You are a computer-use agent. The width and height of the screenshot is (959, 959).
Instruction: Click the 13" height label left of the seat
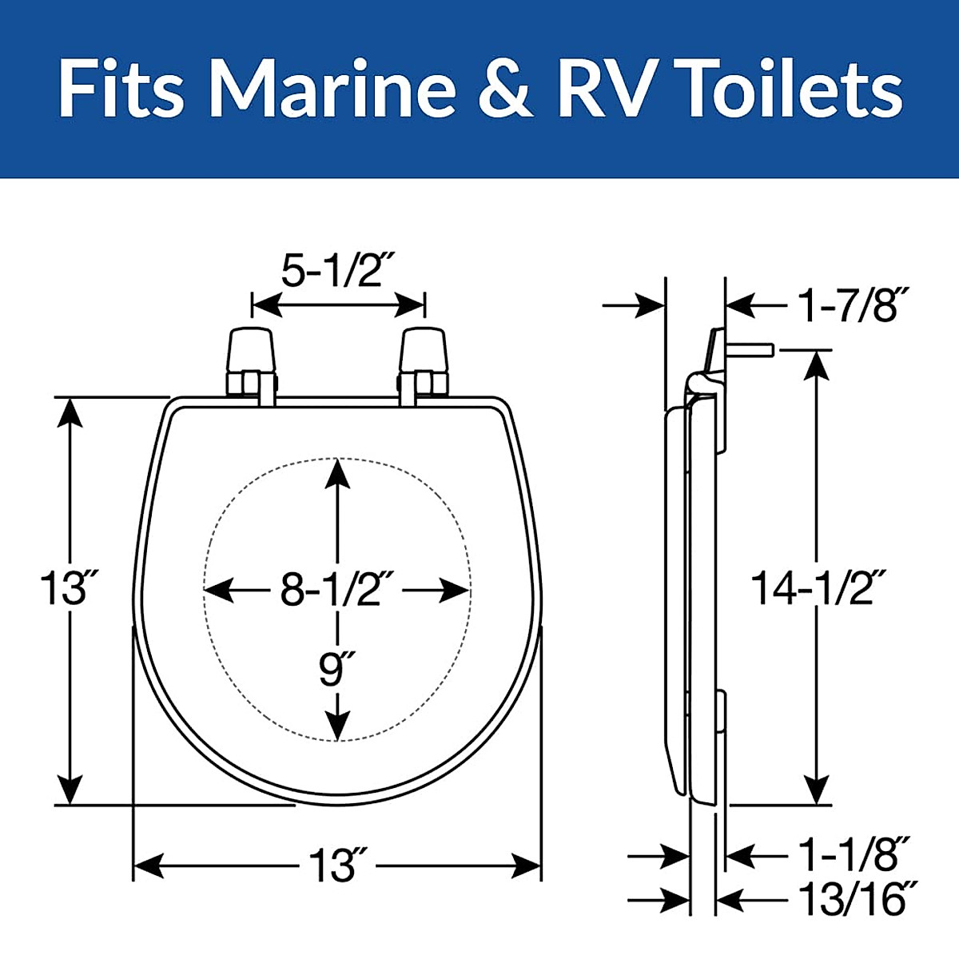[x=62, y=590]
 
